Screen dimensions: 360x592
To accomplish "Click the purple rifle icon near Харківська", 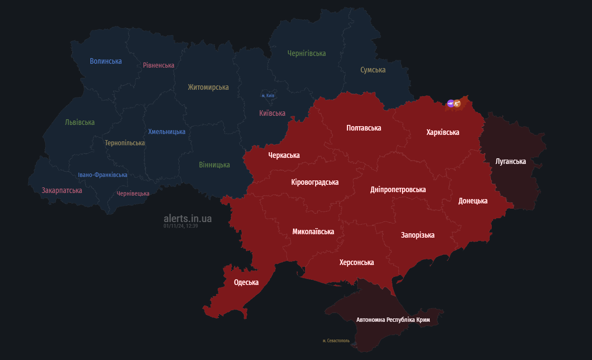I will point(451,103).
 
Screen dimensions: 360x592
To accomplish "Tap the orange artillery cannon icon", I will point(457,104).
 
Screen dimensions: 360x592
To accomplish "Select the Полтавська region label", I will point(364,128).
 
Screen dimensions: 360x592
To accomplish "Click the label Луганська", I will point(510,161).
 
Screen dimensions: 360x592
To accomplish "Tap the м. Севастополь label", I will point(336,341).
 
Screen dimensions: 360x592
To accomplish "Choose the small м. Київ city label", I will point(268,95).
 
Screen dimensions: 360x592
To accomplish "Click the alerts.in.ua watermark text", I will point(187,219).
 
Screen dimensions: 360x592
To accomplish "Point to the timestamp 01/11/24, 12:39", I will point(181,226).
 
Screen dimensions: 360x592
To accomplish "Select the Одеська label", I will point(246,282).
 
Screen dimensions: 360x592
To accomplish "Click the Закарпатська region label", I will point(62,190).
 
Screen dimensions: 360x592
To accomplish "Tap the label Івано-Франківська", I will point(102,175).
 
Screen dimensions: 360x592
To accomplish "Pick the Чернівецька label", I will point(133,193).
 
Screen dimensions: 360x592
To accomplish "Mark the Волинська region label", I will point(105,61).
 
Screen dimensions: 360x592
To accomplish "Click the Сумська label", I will point(373,70).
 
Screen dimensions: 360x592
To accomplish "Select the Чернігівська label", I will point(306,53).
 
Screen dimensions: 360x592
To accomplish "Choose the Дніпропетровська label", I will point(398,190).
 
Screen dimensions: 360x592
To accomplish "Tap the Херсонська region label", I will point(356,262).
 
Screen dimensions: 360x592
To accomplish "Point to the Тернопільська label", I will point(125,143).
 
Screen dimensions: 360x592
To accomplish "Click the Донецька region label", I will point(473,201).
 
